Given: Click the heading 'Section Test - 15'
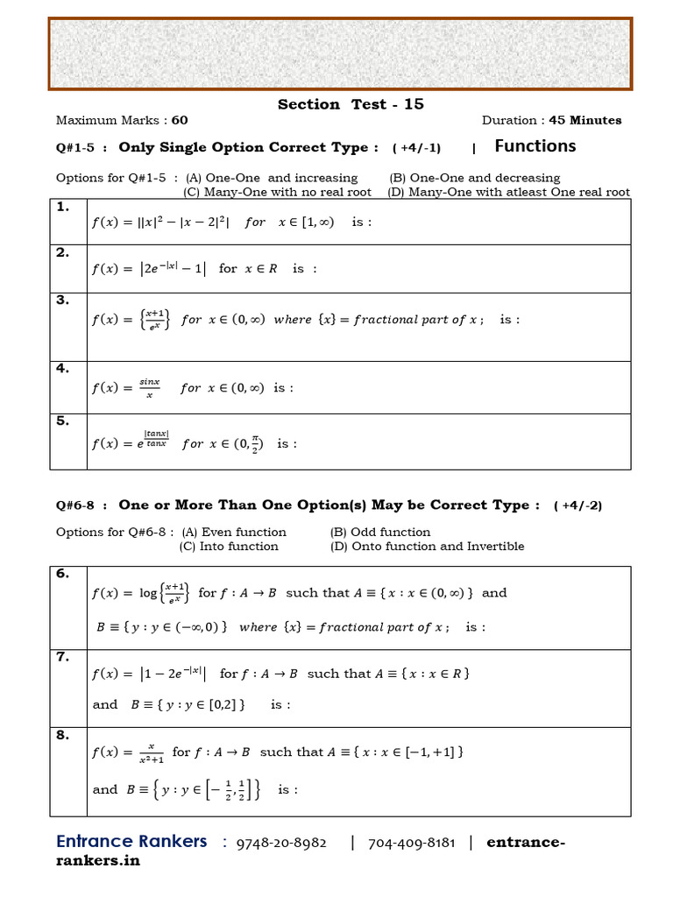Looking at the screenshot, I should (x=351, y=104).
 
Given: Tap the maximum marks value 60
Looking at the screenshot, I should (x=180, y=121).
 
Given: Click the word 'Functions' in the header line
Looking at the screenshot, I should (x=535, y=146).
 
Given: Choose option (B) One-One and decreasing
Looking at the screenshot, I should (x=474, y=178).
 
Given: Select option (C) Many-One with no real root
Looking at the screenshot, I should (x=277, y=192).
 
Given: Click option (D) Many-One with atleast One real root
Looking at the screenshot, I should (x=508, y=192).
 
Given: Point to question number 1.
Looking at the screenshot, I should (x=62, y=208).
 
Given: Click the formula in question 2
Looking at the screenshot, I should (x=148, y=269).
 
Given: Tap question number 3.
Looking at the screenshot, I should (x=62, y=300).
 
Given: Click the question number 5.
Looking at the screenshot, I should (x=62, y=421).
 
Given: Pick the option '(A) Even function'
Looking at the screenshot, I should (x=232, y=533).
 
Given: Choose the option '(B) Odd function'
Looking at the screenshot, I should (x=380, y=533).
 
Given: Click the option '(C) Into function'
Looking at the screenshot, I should (x=229, y=547).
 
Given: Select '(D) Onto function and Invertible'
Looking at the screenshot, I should (x=427, y=547).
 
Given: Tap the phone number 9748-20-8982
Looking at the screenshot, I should (x=281, y=844).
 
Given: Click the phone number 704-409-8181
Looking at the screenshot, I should (x=411, y=844).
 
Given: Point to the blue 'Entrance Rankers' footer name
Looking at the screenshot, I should (x=131, y=842).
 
